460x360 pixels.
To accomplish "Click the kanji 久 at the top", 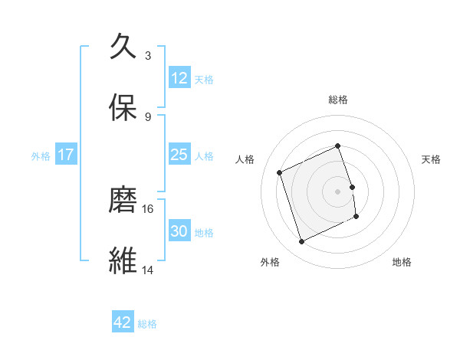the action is coord(123,47).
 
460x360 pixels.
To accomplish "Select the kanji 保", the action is coord(123,107).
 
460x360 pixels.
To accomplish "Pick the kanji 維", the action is coord(123,260).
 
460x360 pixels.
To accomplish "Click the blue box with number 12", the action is coord(179,78).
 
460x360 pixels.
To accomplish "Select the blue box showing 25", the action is coord(179,155).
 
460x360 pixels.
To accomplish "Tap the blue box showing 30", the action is coord(179,231).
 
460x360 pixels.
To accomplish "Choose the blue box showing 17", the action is coord(66,155).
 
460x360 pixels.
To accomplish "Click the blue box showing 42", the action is coord(123,322).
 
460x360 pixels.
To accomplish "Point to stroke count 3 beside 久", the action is coord(148,56).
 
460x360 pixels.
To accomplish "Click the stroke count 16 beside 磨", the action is coord(148,208).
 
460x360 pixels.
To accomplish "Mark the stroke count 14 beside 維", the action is coord(148,270).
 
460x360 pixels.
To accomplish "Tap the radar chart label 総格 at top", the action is coord(338,100).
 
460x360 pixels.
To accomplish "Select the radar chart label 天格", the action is coord(432,159).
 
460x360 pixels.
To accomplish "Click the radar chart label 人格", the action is coord(245,159).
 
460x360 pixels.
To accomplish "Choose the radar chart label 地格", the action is coord(402,262).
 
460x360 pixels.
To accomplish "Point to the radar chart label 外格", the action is coord(270,262).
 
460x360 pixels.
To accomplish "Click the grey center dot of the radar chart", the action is coord(338,191).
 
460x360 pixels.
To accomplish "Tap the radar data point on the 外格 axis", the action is coord(301,242).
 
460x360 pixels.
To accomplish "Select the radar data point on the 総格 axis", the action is coord(338,146).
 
